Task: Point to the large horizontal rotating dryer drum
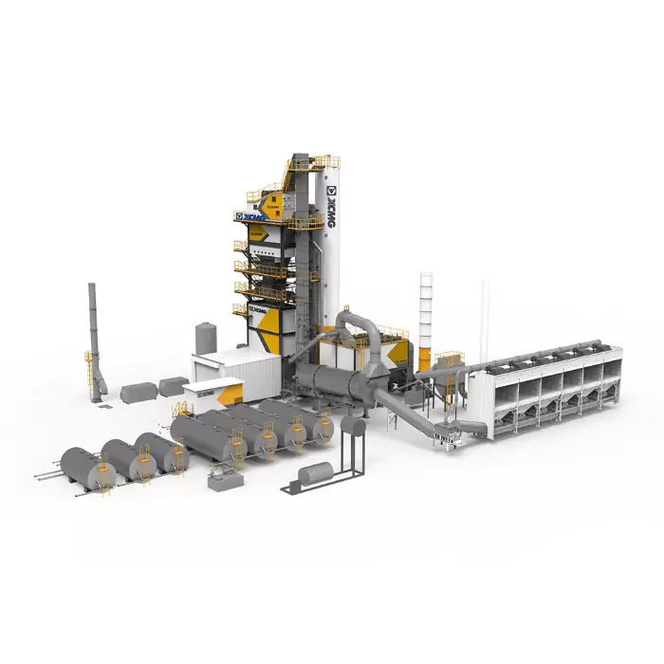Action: coord(337,384)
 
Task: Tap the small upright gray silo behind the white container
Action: coord(206,338)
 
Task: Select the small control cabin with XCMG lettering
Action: coord(211,393)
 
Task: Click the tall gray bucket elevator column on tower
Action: coord(302,247)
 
